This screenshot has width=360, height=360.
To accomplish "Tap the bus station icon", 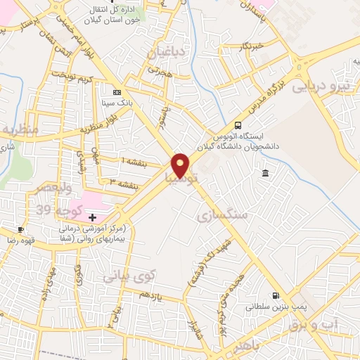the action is coord(238,126).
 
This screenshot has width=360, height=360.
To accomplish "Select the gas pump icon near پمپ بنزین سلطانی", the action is coord(274,296).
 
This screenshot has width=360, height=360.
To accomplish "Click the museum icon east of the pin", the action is coord(264,173).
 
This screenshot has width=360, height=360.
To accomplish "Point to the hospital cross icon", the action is coord(92,217).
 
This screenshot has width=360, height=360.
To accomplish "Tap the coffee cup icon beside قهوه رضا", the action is coord(21,229).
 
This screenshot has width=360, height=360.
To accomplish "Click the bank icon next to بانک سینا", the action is coord(117,92).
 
